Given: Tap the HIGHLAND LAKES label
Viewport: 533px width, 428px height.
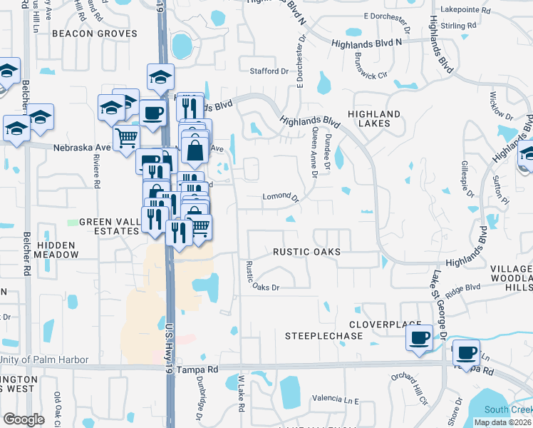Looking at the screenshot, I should (x=374, y=118).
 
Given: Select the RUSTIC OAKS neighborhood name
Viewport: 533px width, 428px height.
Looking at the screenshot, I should (x=306, y=252).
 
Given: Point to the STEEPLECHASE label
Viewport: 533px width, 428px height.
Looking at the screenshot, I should (x=319, y=335).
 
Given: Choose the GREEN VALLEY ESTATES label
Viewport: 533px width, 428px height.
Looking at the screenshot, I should (x=108, y=226).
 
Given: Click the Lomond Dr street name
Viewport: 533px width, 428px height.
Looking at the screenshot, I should (x=279, y=195).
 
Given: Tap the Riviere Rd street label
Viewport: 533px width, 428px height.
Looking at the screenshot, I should (x=97, y=173).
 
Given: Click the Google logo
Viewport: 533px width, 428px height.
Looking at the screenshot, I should (x=24, y=419).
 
